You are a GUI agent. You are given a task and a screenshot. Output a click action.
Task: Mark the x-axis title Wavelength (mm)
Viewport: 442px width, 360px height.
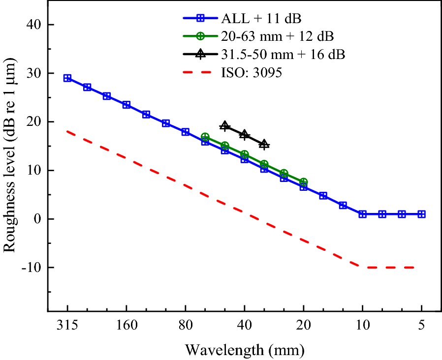[245, 350]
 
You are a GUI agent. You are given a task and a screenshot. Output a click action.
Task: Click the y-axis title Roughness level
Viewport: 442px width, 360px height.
[11, 159]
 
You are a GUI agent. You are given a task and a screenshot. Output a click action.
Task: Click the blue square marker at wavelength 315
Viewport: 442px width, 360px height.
[67, 78]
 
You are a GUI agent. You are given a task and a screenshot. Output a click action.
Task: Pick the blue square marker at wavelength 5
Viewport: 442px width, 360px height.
[421, 214]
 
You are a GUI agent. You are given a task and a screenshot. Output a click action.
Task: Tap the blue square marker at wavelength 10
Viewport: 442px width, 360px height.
[362, 214]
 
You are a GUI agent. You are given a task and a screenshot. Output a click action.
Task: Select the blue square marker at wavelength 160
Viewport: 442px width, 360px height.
[126, 105]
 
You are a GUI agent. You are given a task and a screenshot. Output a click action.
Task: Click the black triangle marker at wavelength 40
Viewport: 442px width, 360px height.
[245, 134]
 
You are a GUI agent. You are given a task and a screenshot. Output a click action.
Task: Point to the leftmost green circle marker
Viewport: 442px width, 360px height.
[205, 137]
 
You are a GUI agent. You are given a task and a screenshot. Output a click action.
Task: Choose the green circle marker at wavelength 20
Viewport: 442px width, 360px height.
[304, 182]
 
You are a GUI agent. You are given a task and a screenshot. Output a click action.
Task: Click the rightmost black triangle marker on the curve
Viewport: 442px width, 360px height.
[264, 144]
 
